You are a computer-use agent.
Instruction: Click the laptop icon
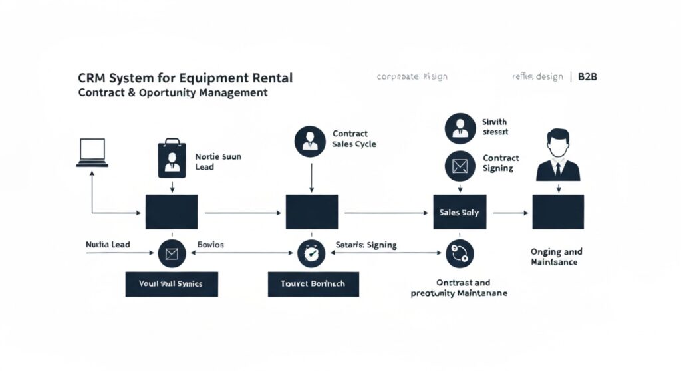click(x=92, y=153)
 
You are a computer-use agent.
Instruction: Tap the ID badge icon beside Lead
click(x=172, y=159)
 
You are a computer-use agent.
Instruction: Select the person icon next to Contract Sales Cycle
click(x=310, y=142)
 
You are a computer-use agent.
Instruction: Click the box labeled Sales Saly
click(x=460, y=212)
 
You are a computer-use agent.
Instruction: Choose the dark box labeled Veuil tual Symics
click(x=172, y=283)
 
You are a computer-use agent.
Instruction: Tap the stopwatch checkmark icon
click(x=310, y=252)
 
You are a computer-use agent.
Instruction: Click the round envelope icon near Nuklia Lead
click(x=172, y=252)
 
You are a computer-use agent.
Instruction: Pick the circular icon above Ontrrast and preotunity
click(x=460, y=253)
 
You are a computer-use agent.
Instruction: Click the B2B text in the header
click(x=587, y=77)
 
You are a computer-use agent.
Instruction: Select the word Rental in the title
click(x=269, y=78)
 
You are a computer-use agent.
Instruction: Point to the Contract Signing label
click(x=501, y=163)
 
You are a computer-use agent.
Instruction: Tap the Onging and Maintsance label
click(x=557, y=257)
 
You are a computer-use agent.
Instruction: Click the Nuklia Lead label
click(x=108, y=245)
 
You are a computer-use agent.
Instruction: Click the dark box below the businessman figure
click(x=557, y=212)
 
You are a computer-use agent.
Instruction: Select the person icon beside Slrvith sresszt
click(x=460, y=126)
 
